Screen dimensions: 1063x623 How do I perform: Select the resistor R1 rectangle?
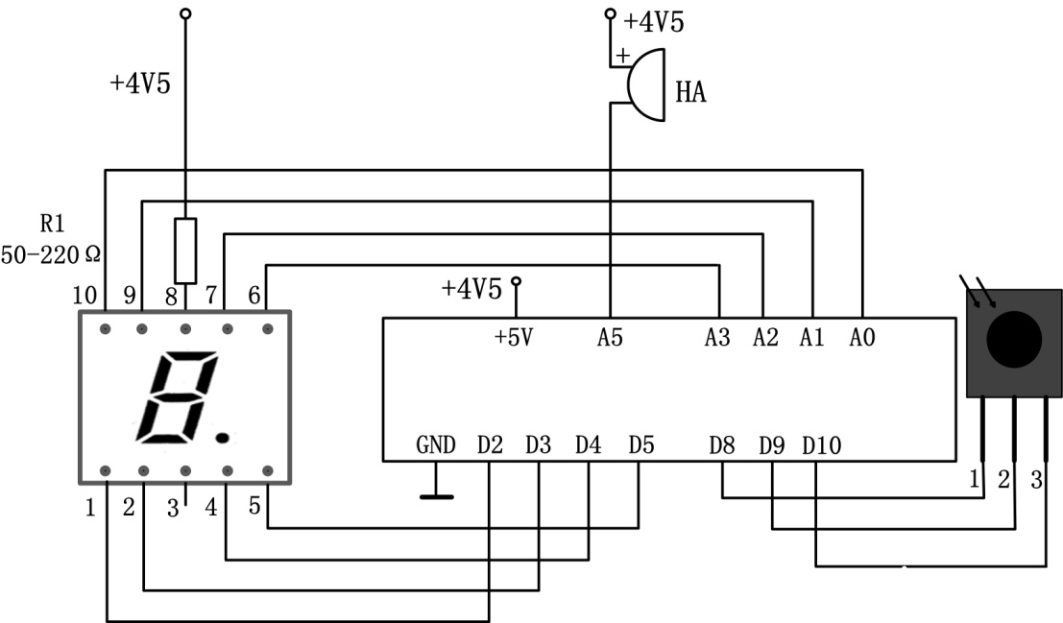point(185,251)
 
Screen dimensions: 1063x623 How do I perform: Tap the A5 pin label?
point(610,337)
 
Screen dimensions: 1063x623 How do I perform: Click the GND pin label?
point(435,444)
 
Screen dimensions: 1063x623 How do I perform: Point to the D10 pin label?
point(822,445)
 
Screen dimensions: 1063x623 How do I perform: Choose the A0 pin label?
point(862,337)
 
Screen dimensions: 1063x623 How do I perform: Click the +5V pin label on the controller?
point(514,337)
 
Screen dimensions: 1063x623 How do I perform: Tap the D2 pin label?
point(490,444)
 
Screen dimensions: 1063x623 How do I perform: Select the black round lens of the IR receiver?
point(1013,340)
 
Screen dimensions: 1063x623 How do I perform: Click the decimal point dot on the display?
point(222,439)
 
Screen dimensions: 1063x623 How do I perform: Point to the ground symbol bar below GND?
point(437,497)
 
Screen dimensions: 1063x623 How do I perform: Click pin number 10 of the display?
point(85,295)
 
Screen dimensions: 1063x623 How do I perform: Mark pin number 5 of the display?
point(254,505)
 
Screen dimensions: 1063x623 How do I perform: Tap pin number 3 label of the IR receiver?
point(1036,479)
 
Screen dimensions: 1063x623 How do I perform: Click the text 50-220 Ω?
point(51,255)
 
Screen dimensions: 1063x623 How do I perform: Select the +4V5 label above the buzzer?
point(654,22)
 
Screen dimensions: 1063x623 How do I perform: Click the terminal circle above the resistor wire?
point(185,13)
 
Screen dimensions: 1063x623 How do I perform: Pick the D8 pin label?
point(722,445)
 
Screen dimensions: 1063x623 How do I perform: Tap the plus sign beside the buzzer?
point(622,55)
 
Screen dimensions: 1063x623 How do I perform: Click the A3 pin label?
point(717,337)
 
